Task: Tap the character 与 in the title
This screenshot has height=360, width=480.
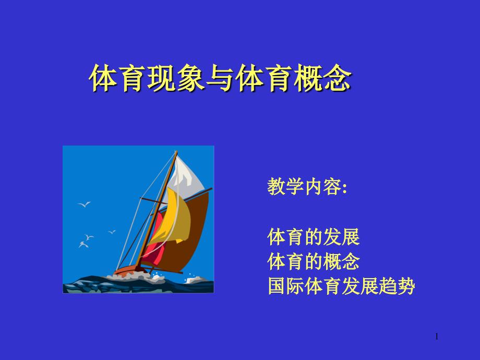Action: point(220,78)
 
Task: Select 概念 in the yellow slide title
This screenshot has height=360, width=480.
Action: point(322,78)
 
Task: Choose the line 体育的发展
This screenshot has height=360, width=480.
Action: point(313,237)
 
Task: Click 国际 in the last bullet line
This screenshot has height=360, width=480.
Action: point(285,286)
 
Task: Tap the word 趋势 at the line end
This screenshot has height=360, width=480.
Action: point(397,286)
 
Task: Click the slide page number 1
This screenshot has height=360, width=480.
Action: point(437,337)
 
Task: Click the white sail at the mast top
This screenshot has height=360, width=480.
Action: point(187,177)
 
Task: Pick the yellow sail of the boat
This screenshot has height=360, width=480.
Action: point(173,218)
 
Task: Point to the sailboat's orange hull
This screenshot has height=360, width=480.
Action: point(128,270)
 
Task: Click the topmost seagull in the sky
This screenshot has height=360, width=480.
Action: point(84,204)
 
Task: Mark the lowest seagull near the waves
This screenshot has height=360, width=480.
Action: point(83,245)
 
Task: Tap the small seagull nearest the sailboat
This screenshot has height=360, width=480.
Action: point(112,232)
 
